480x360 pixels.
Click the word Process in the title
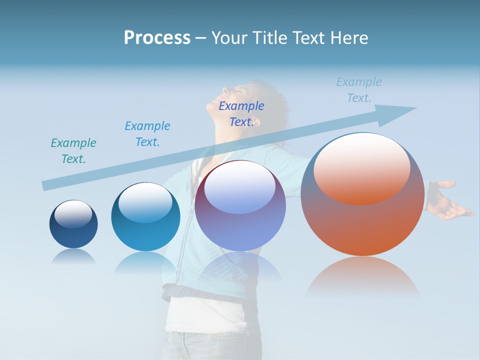pos(157,38)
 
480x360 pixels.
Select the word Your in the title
pos(228,38)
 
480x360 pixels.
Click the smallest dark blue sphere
pos(73,224)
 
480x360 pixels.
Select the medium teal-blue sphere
pos(145,217)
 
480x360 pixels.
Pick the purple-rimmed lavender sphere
pos(240,206)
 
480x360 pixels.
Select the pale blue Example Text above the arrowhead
pos(359,90)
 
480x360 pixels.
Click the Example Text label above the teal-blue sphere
pos(147,134)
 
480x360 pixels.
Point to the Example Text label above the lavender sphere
pos(241,114)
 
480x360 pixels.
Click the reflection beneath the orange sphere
pos(362,277)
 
